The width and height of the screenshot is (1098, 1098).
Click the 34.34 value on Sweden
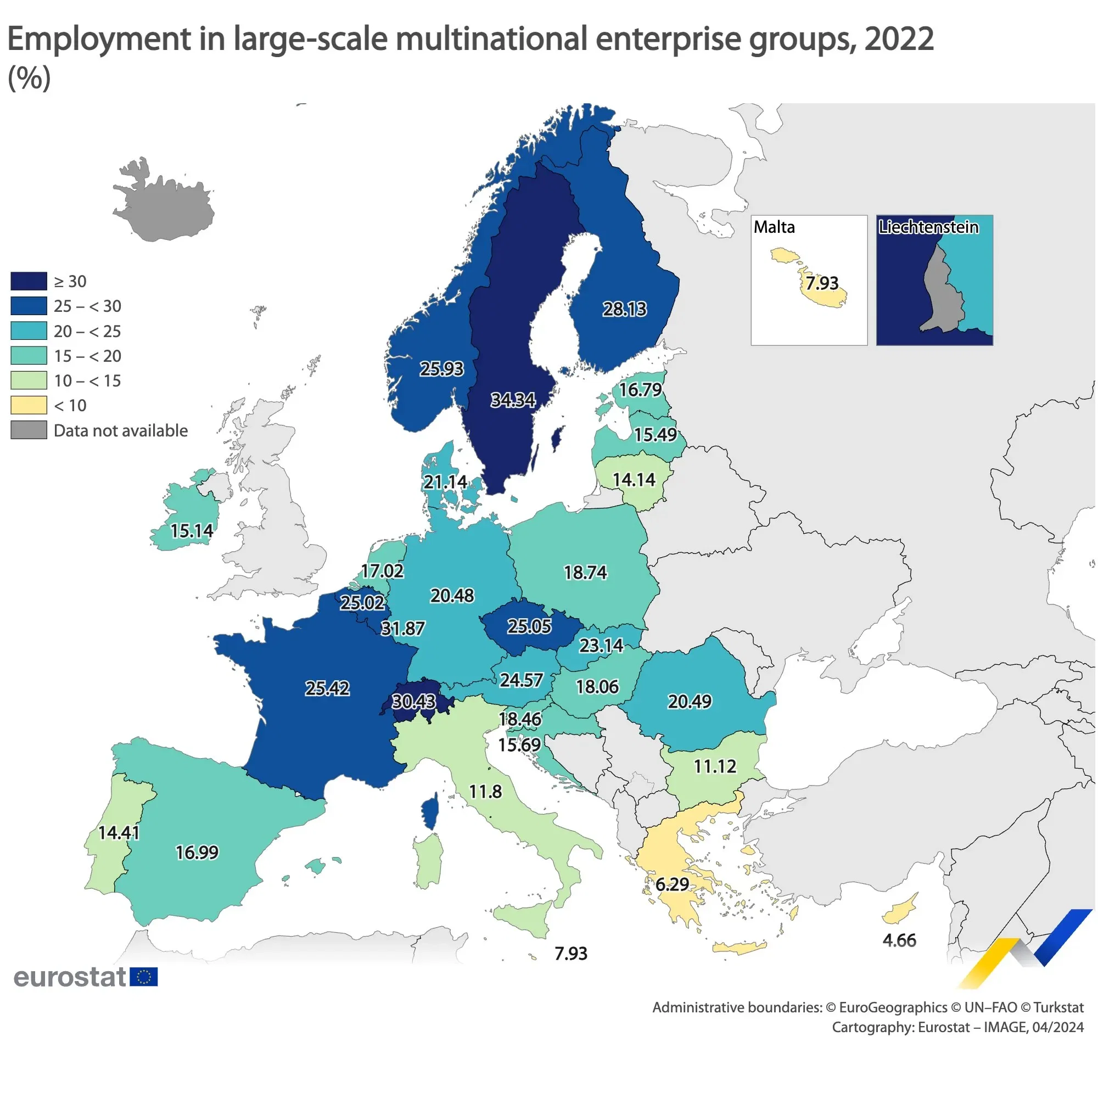513,400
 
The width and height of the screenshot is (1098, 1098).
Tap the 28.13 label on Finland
625,309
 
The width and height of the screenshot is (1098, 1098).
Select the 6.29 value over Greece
672,884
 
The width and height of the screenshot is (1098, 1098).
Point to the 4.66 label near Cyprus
899,940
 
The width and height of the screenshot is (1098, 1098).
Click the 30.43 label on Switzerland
414,701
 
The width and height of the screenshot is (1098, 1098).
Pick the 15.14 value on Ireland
192,531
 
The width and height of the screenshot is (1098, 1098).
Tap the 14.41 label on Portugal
119,833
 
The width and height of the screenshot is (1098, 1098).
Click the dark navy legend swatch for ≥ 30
29,281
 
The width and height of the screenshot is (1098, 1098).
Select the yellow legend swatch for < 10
29,405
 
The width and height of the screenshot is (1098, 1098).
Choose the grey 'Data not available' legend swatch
29,430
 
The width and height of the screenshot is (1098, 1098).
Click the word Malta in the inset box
774,227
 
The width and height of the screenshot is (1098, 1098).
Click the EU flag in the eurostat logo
144,977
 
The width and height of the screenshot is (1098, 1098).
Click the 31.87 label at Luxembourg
402,629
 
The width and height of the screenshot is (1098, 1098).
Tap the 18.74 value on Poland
585,572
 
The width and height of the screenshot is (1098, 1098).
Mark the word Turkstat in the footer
1058,1007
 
